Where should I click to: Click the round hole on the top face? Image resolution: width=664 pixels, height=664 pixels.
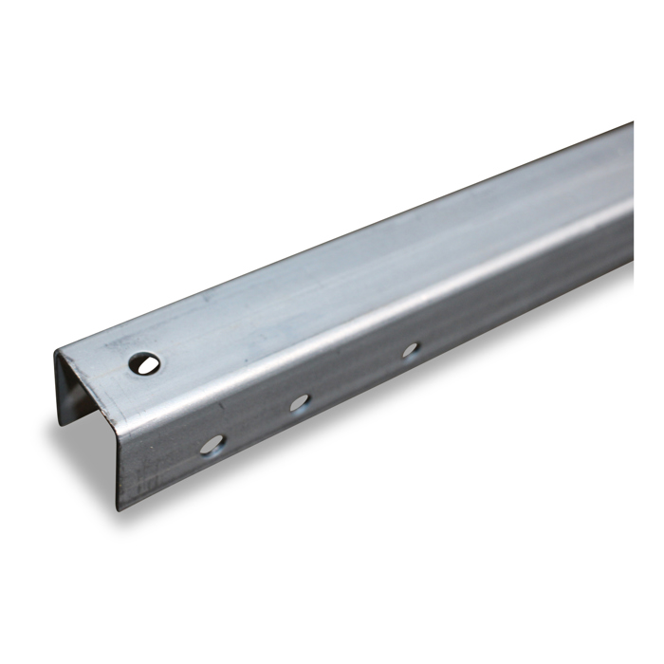click(x=144, y=361)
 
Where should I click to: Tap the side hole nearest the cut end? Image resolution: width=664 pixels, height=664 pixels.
click(x=212, y=444)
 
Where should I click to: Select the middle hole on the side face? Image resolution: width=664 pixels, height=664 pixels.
click(x=300, y=402)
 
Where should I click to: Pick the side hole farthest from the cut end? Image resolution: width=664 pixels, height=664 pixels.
click(x=410, y=350)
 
